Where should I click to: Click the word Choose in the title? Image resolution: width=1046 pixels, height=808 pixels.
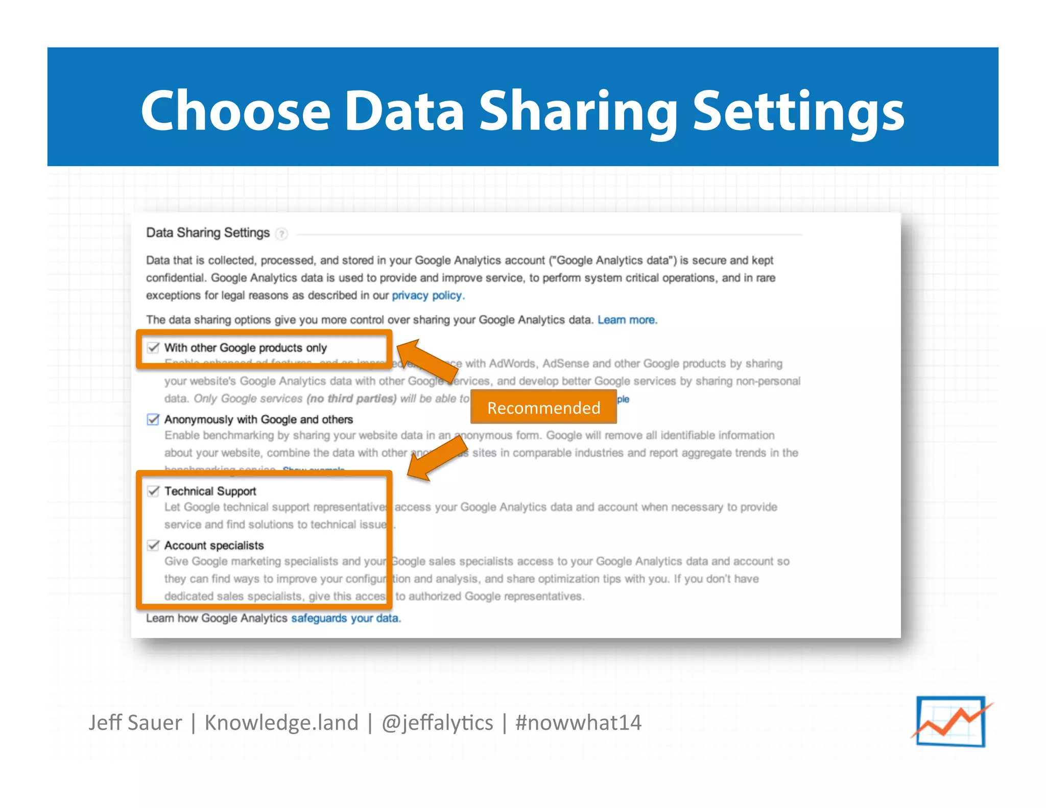pos(235,110)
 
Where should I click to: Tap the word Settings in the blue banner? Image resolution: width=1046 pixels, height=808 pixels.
pos(798,110)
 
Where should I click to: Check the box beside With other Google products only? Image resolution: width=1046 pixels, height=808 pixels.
pos(153,348)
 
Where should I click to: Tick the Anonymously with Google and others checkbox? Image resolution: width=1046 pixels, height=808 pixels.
pos(153,419)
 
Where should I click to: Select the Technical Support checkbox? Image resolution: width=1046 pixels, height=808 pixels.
pos(153,491)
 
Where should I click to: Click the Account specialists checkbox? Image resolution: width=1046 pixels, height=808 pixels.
pos(153,545)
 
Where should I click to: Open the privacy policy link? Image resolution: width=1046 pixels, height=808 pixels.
pos(427,295)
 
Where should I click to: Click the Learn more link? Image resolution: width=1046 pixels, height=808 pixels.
pos(627,320)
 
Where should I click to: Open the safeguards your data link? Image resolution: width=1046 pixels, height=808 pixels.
pos(345,618)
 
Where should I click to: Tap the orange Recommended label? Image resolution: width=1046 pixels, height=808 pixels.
pos(543,407)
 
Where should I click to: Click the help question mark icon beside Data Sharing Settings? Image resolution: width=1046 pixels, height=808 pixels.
pos(281,234)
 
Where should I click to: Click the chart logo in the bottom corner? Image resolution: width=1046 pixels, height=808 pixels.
pos(951,721)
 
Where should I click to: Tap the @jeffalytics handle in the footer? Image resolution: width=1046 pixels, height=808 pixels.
pos(437,722)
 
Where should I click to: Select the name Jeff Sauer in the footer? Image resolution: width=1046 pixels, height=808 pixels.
pos(135,722)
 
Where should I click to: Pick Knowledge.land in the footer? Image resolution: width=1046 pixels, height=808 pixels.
pos(281,722)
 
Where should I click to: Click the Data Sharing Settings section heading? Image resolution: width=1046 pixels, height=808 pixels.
pos(207,233)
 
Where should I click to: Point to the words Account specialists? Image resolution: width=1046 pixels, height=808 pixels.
pos(214,545)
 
